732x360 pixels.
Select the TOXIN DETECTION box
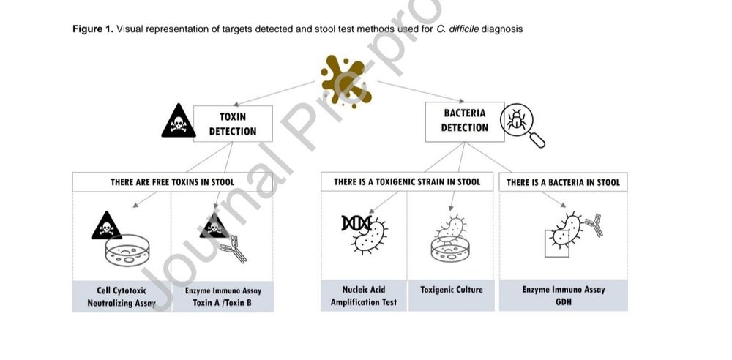[233, 124]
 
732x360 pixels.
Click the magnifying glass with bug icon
[521, 124]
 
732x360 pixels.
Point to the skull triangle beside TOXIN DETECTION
[179, 121]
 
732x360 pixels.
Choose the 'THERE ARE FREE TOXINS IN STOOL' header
[172, 181]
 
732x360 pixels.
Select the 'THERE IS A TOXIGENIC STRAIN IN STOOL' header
[406, 181]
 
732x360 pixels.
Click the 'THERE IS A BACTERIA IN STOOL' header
[563, 182]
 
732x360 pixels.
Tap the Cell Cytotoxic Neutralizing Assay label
[122, 296]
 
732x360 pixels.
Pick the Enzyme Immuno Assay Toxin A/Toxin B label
[223, 296]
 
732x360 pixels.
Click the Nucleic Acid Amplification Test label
[364, 296]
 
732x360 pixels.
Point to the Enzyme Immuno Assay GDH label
[563, 296]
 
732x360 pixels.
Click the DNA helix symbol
[356, 223]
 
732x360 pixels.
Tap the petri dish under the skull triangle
[127, 250]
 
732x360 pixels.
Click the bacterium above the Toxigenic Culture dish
[451, 228]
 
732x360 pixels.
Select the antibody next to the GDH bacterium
[593, 225]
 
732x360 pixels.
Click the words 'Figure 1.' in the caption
[93, 29]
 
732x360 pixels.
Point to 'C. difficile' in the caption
[457, 29]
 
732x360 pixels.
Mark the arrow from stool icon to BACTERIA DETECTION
[421, 91]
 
